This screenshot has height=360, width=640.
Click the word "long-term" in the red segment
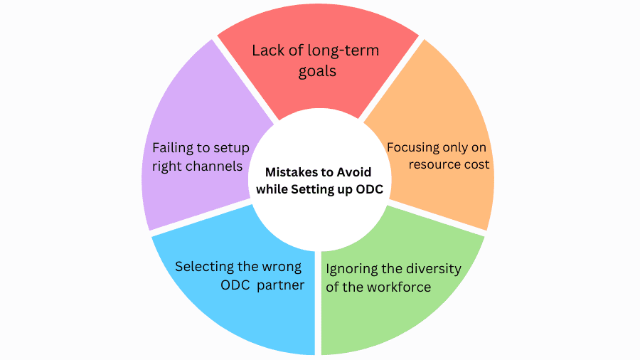click(344, 51)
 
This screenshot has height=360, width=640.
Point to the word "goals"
click(317, 72)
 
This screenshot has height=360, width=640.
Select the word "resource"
click(436, 164)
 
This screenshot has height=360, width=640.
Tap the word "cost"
click(477, 164)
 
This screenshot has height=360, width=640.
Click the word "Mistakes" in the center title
click(292, 172)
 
